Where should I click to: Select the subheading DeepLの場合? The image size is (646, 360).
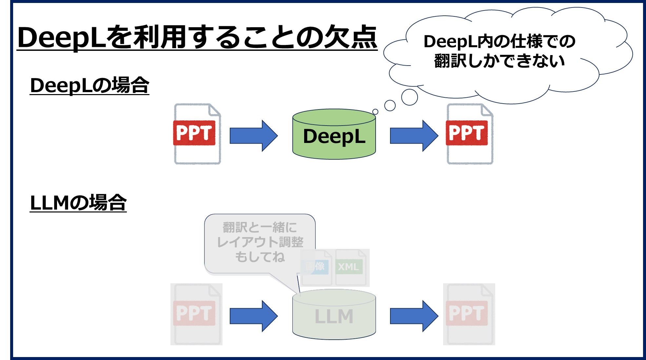[x=89, y=85]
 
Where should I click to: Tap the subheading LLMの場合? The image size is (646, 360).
[x=78, y=203]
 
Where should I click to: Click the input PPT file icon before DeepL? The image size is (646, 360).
[x=197, y=134]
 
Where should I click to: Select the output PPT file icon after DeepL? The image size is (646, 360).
[x=469, y=134]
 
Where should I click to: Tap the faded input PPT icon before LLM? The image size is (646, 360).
[x=196, y=314]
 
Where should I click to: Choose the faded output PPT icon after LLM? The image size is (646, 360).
[x=469, y=314]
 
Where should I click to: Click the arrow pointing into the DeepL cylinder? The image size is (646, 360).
[x=253, y=136]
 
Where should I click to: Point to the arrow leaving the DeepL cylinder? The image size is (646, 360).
[x=414, y=136]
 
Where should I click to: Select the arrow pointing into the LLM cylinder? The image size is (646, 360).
[x=253, y=316]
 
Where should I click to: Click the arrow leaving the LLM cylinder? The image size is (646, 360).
[x=414, y=316]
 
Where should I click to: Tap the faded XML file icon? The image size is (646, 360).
[x=350, y=267]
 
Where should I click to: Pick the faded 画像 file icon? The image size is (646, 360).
[x=316, y=267]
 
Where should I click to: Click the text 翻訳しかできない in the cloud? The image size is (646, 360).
[x=499, y=61]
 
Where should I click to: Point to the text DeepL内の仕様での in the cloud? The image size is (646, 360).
[x=499, y=42]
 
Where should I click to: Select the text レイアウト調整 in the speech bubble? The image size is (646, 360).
[x=260, y=242]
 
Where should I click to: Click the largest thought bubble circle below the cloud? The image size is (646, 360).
[x=409, y=97]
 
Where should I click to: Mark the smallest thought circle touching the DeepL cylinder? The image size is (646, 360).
[x=375, y=112]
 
